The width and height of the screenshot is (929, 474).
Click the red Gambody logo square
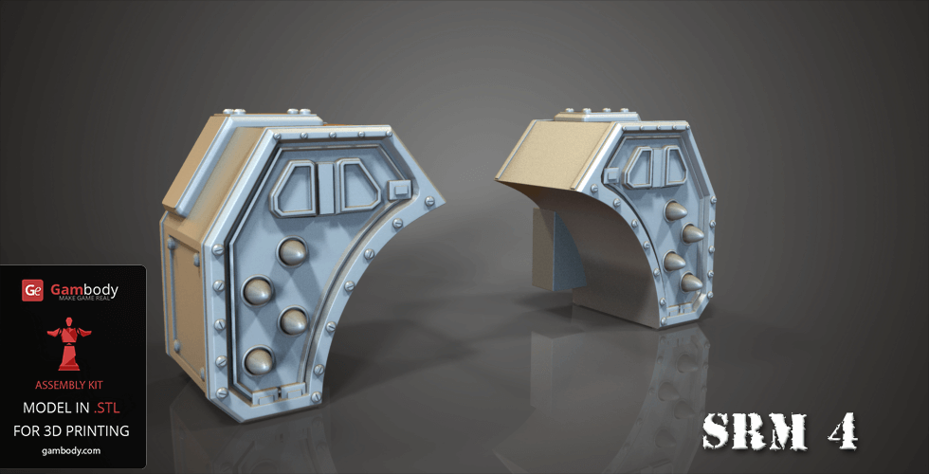(33, 290)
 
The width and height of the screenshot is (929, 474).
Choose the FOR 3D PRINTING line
(73, 430)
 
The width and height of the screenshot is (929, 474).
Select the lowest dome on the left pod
(258, 360)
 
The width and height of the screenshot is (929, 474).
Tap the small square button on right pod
(613, 174)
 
